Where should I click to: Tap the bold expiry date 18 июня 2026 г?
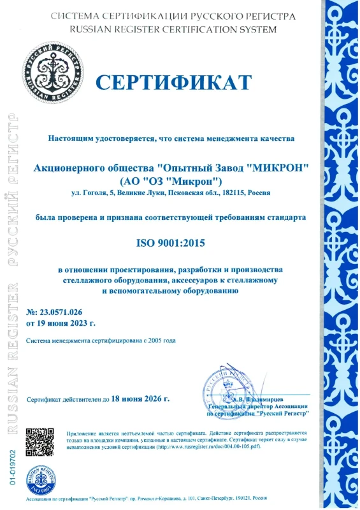140,399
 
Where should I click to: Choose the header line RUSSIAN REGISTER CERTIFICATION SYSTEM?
173,29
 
